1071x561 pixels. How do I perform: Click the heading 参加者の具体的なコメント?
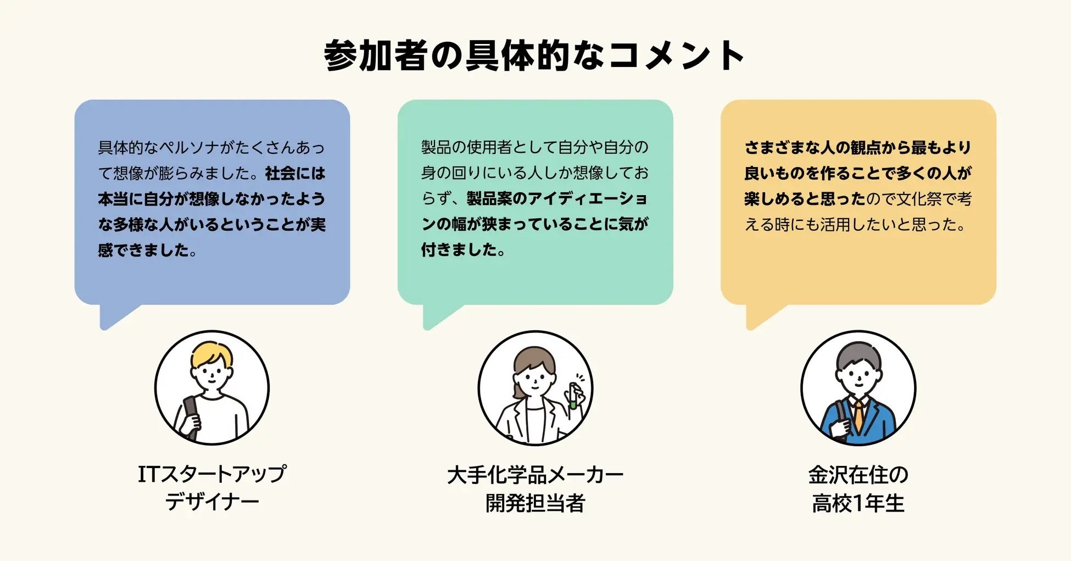point(534,55)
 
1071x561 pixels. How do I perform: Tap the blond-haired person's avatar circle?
point(212,387)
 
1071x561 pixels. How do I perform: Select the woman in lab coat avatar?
point(535,387)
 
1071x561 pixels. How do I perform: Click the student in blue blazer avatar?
point(858,387)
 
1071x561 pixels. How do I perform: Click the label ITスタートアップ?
point(212,474)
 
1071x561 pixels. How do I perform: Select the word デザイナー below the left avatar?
point(212,502)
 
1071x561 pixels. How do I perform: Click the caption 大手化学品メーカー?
point(535,475)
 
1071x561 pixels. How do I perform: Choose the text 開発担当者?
point(535,503)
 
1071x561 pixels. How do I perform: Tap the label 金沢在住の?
point(858,475)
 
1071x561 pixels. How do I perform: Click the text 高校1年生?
point(858,503)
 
